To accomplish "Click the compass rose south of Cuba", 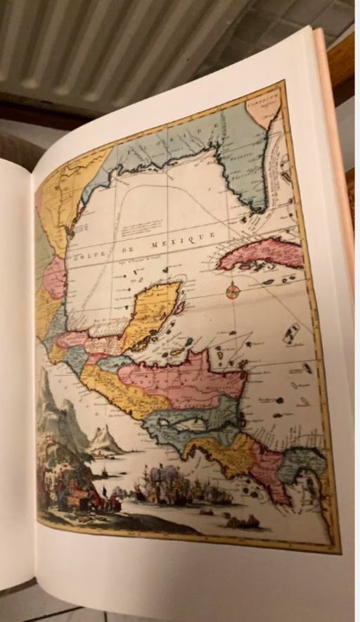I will pyautogui.click(x=233, y=289).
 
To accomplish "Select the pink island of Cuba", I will pyautogui.click(x=257, y=253).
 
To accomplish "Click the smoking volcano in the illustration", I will pyautogui.click(x=103, y=439).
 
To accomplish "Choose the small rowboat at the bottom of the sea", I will pyautogui.click(x=243, y=521).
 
